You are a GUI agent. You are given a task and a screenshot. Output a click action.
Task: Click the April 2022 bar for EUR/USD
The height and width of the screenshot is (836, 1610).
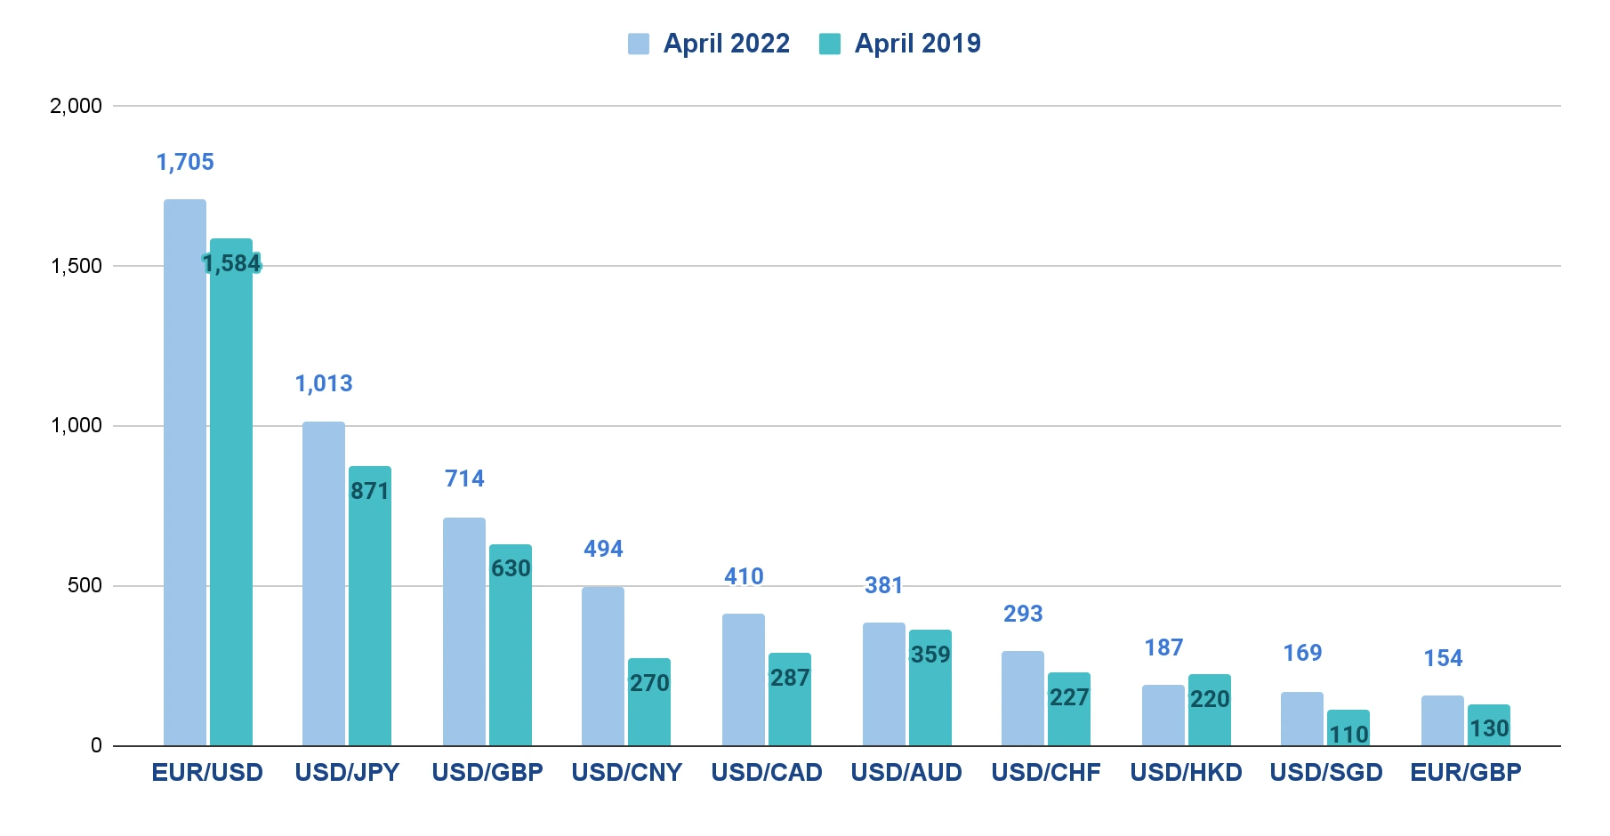(x=185, y=471)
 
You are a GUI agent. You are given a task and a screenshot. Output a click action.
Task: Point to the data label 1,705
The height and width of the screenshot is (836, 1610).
(x=185, y=162)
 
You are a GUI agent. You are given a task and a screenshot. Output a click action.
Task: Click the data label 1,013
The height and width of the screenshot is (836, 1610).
(x=324, y=383)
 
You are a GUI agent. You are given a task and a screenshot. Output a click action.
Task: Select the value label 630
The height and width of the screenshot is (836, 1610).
(x=511, y=568)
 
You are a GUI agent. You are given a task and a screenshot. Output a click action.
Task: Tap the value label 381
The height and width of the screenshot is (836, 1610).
(x=883, y=585)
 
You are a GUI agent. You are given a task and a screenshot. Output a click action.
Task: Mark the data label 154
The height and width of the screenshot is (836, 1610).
(x=1443, y=658)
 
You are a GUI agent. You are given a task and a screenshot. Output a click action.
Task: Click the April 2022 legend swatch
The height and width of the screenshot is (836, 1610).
(x=638, y=44)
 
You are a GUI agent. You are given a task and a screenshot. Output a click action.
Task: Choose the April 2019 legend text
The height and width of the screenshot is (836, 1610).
(x=917, y=44)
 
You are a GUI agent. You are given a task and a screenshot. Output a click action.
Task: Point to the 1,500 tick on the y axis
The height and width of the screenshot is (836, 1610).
(x=76, y=266)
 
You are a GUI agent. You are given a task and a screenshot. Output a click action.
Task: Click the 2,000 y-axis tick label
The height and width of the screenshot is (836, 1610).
(x=76, y=106)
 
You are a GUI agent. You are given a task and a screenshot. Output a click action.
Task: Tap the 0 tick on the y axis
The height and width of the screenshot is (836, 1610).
(x=96, y=745)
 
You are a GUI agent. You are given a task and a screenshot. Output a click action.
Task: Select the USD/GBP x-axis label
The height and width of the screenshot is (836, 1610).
(x=487, y=772)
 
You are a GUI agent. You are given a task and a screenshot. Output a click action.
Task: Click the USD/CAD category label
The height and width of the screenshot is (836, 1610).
(x=767, y=772)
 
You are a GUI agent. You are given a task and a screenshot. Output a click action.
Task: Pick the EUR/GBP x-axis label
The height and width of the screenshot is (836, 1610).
(x=1466, y=772)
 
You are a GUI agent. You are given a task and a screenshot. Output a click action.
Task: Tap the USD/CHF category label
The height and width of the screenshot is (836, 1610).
(x=1046, y=772)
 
